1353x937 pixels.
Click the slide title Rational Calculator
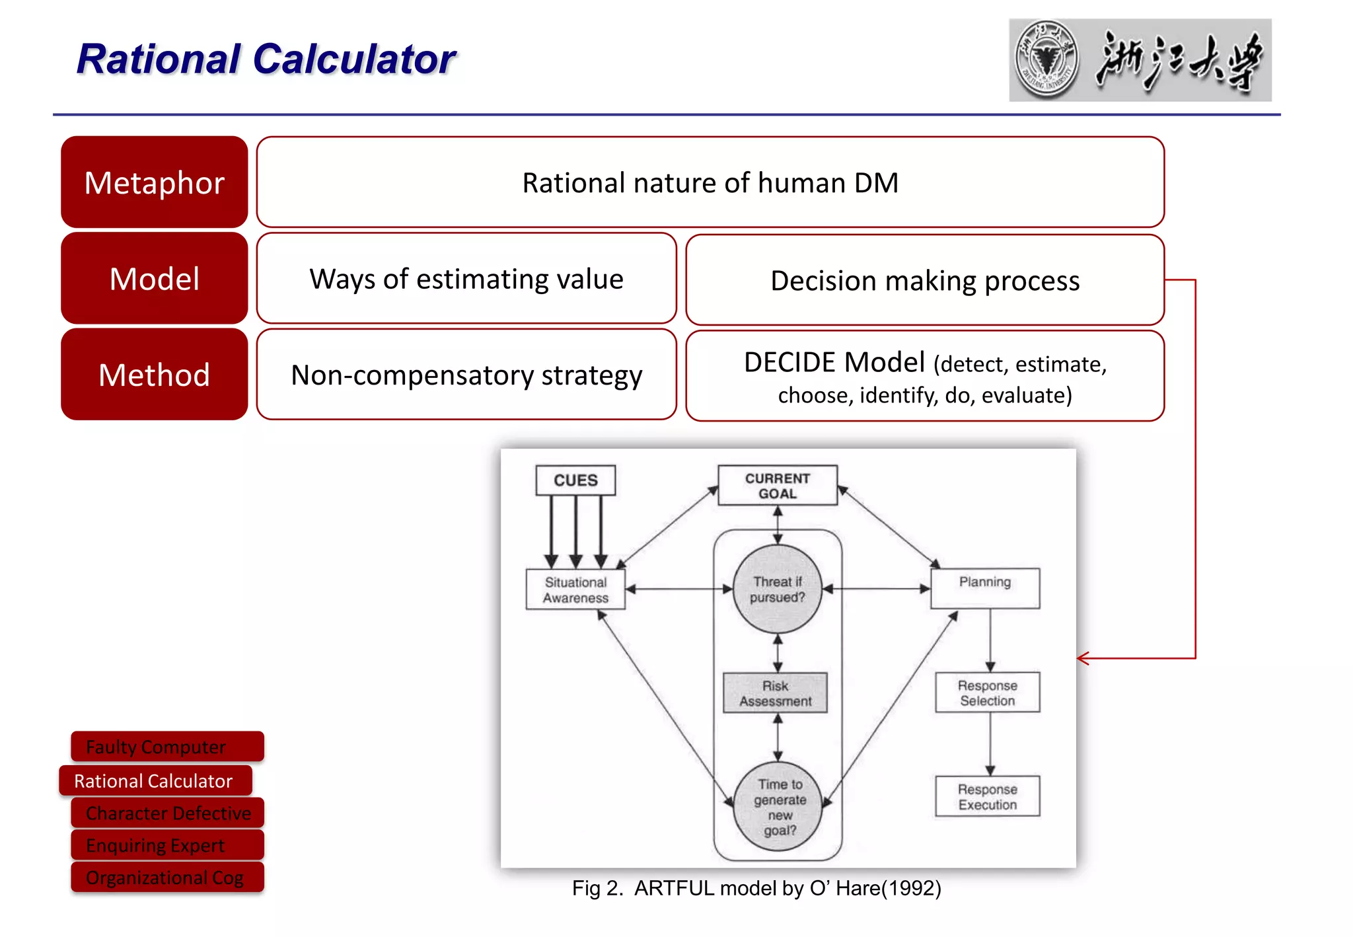coord(266,59)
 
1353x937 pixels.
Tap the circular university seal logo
coord(1046,59)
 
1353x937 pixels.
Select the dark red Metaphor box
coord(154,182)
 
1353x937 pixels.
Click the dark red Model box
coord(154,278)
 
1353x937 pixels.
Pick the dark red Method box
coord(154,375)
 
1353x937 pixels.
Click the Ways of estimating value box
coord(466,278)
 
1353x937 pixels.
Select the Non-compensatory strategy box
coord(466,375)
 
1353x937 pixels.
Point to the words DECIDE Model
coord(834,363)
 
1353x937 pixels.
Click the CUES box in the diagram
coord(575,480)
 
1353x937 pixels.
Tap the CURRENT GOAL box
coord(778,486)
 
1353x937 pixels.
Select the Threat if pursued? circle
coord(778,589)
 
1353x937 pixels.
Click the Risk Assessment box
coord(776,693)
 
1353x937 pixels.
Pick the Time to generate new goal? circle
coord(779,807)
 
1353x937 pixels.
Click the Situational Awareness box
coord(575,589)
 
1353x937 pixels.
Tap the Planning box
coord(984,587)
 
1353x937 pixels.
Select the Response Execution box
coord(987,797)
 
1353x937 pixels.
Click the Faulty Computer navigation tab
coord(167,747)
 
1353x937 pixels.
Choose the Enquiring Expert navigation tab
coord(167,845)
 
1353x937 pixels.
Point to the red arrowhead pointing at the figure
coord(1082,658)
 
